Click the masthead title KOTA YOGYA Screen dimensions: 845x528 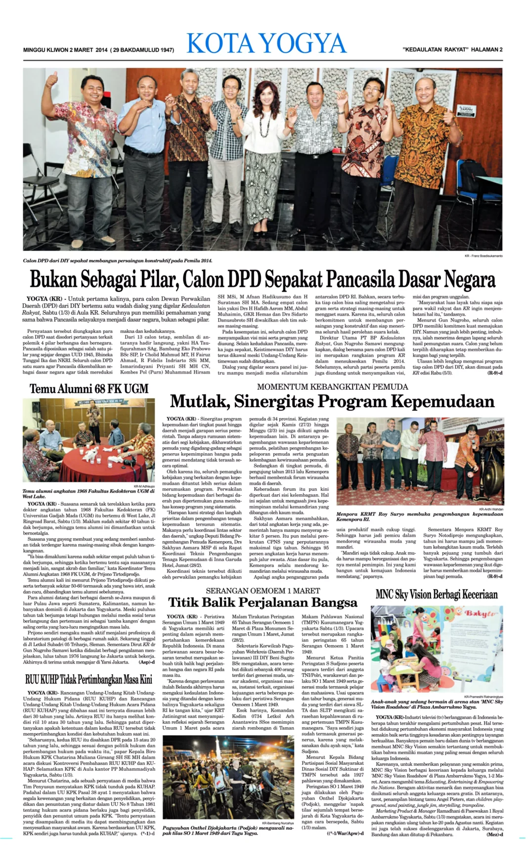pyautogui.click(x=266, y=44)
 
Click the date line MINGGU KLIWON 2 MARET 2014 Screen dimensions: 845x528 pyautogui.click(x=65, y=50)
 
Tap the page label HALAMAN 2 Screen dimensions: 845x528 pyautogui.click(x=486, y=49)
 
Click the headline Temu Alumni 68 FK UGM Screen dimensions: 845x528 pyautogui.click(x=89, y=389)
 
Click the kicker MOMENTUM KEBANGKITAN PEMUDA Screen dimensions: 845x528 pyautogui.click(x=332, y=386)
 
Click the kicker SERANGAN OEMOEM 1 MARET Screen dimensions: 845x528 pyautogui.click(x=263, y=591)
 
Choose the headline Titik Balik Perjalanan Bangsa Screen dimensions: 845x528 pyautogui.click(x=263, y=603)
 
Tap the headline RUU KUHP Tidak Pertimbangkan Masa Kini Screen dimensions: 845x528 pyautogui.click(x=89, y=679)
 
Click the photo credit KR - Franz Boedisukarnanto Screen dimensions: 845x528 pyautogui.click(x=483, y=256)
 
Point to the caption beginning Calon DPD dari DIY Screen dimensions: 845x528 pyautogui.click(x=118, y=260)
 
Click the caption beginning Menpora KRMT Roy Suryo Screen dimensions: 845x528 pyautogui.click(x=419, y=516)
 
